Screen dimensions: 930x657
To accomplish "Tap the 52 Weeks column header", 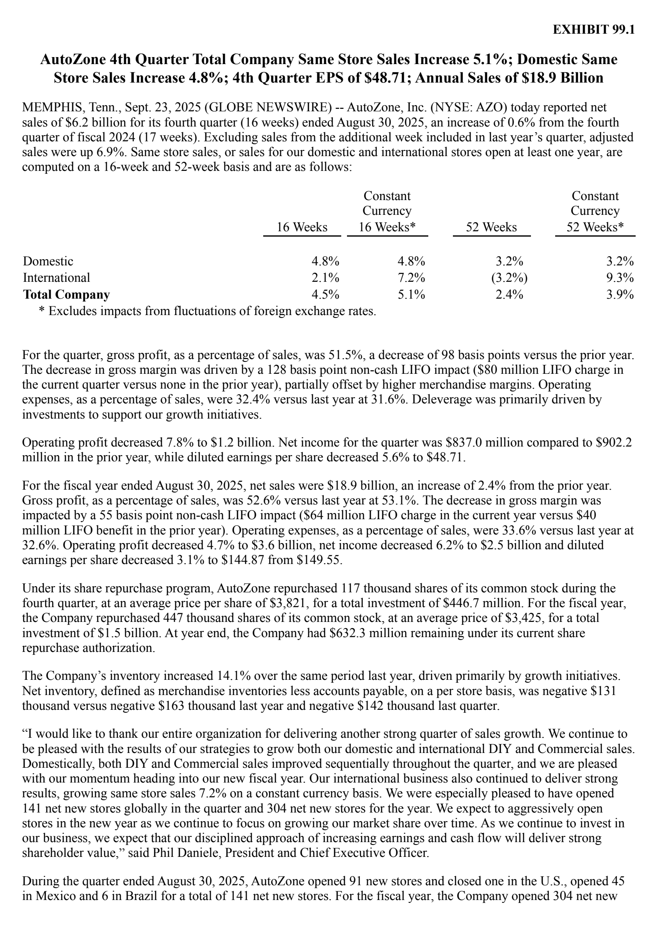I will (x=491, y=227).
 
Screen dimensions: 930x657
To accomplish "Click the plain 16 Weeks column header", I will (x=302, y=227).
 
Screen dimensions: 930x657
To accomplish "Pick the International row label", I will (x=56, y=278).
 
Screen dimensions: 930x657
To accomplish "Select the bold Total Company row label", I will (x=67, y=295).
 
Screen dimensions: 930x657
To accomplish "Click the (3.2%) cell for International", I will (x=509, y=278).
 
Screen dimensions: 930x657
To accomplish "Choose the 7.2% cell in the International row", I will (x=411, y=278).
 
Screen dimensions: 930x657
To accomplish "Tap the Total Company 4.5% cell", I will (x=325, y=295).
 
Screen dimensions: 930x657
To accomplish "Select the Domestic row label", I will (x=48, y=261).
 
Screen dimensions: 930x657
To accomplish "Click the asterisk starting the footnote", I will (x=41, y=311).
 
